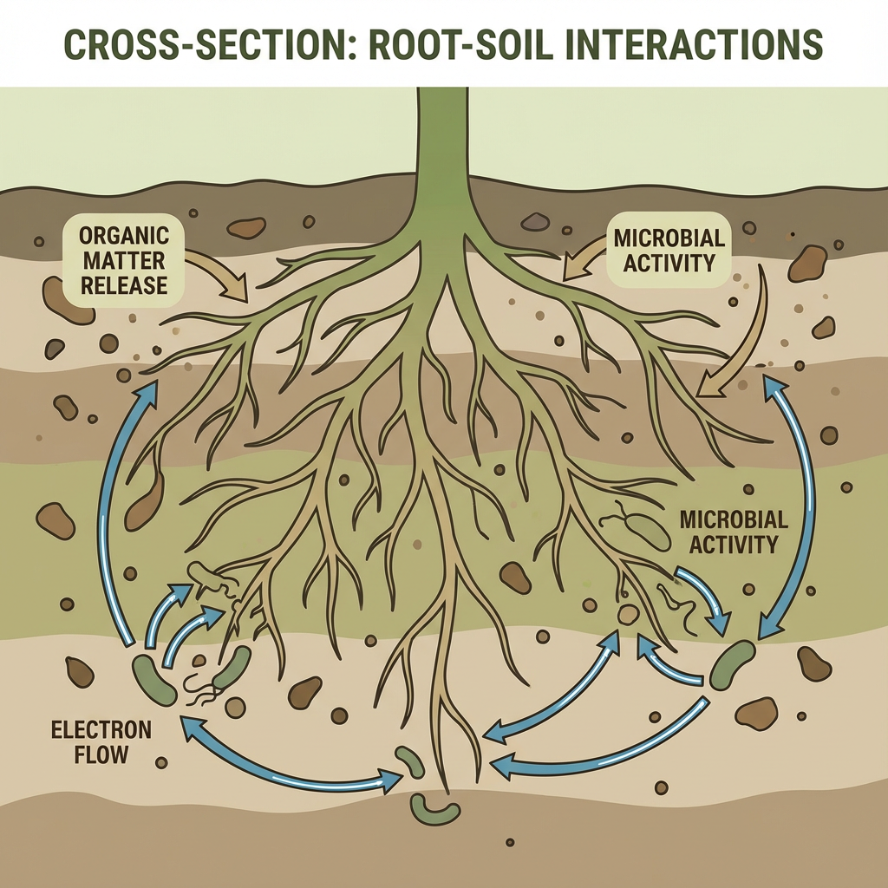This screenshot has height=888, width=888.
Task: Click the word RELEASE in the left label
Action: pos(122,284)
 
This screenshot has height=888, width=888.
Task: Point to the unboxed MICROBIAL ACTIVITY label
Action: pos(733,532)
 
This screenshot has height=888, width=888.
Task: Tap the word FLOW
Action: pos(101,754)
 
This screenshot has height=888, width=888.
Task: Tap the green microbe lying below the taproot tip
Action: pos(434,810)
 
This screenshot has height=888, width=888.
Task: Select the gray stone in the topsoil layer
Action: pos(535,223)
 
